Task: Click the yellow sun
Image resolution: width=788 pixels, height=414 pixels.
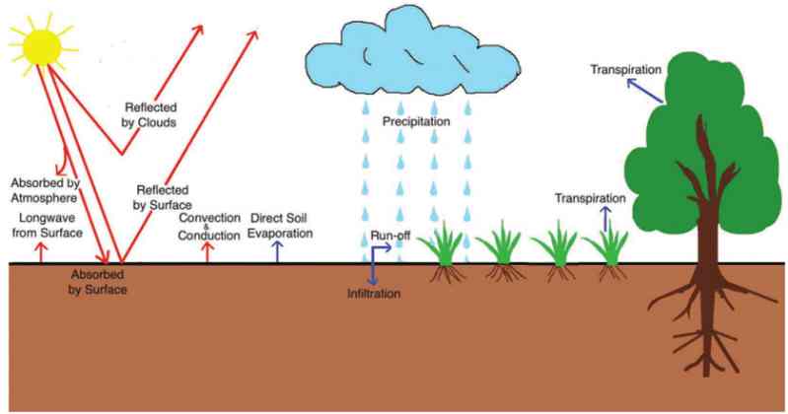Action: pos(41,42)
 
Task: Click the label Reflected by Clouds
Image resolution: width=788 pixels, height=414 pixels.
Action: pos(150,115)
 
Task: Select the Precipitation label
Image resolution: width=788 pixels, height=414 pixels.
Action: pos(416,121)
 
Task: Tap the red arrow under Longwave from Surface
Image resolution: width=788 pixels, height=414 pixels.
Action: pos(40,252)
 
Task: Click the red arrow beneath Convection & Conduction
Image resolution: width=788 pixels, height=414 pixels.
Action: pos(207,252)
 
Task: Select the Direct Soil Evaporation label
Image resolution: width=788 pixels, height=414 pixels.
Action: pos(282,225)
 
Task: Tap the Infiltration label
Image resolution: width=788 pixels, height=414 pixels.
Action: pos(374,295)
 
